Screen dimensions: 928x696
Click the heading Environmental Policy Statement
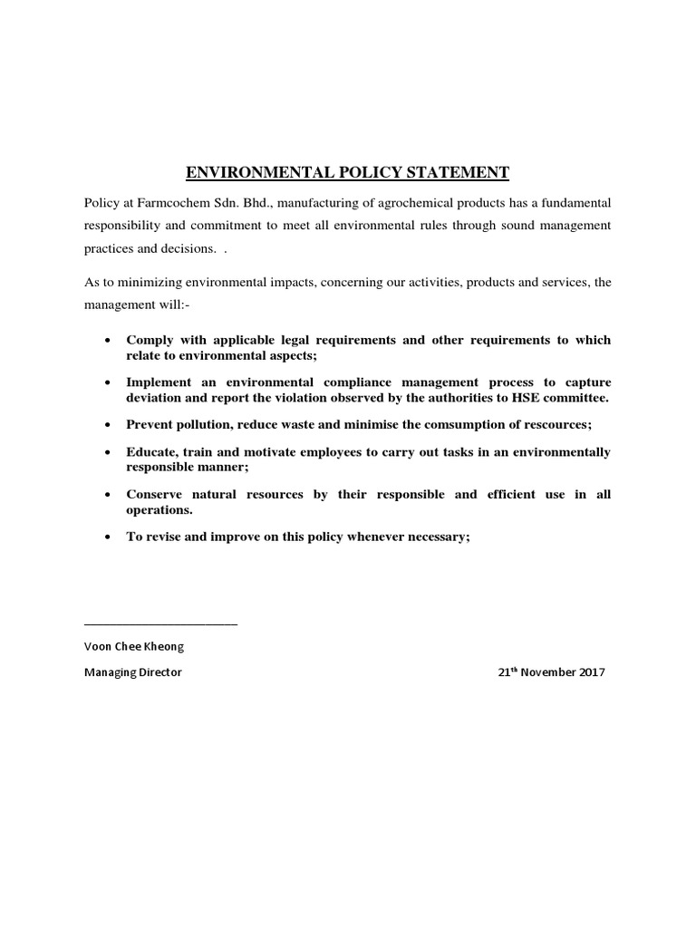pyautogui.click(x=347, y=172)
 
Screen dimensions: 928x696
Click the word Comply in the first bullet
pyautogui.click(x=148, y=340)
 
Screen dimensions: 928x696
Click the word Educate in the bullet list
pyautogui.click(x=151, y=451)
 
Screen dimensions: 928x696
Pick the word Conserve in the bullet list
pyautogui.click(x=155, y=494)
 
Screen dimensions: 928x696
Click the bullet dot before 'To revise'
pyautogui.click(x=109, y=536)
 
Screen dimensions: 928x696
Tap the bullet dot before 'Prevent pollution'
pyautogui.click(x=109, y=424)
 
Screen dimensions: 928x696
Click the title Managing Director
pyautogui.click(x=132, y=673)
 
